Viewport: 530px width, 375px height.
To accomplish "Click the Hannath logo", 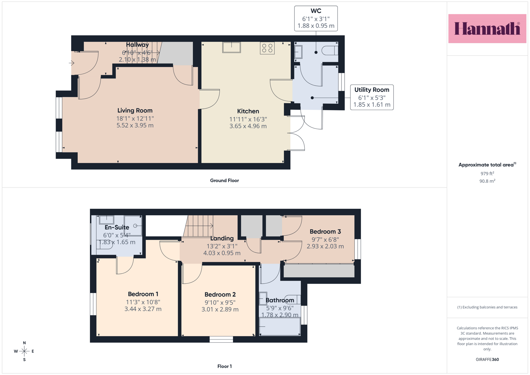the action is [x=487, y=28].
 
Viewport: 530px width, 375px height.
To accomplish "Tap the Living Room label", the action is [x=135, y=110].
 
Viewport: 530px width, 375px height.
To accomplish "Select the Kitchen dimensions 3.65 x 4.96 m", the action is [x=248, y=126].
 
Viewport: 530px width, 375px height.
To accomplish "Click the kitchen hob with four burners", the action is [x=267, y=48].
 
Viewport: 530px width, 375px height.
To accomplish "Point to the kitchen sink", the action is [x=232, y=47].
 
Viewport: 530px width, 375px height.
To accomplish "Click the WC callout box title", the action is [x=316, y=11].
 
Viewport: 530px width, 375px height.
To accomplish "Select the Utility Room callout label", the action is [x=372, y=90].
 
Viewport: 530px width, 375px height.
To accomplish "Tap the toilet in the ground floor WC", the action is [x=330, y=50].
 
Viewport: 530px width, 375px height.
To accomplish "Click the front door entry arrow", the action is [x=72, y=63].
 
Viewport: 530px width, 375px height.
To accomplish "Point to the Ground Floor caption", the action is [x=224, y=181].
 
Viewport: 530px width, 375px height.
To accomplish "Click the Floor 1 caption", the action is [x=225, y=366].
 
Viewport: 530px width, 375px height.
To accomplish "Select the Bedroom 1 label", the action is [x=143, y=294].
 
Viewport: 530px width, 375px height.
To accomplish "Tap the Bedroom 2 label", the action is [x=220, y=294].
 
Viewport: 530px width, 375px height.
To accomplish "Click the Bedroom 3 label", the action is [x=325, y=232].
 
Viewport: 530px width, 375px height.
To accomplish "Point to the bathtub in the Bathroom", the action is [x=280, y=326].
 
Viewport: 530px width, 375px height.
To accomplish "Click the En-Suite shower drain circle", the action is [x=135, y=226].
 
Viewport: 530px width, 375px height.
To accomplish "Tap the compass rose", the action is [x=24, y=351].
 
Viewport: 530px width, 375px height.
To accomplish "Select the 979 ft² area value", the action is [x=487, y=174].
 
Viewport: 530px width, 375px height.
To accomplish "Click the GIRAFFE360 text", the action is [x=487, y=359].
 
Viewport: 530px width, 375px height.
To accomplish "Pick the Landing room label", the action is [x=222, y=239].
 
